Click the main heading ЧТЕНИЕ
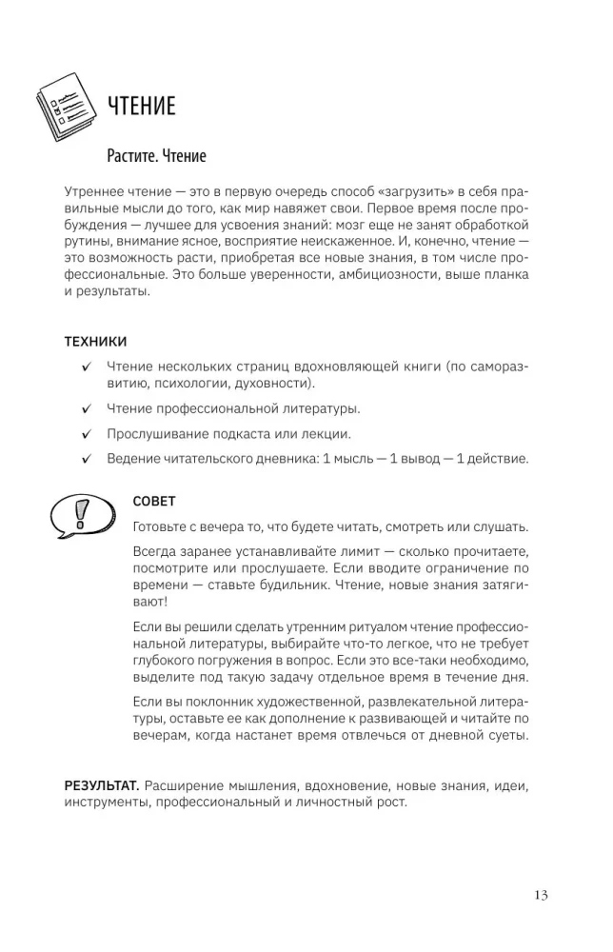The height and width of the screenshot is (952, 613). pos(142,106)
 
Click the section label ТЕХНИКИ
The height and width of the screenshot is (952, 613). pos(95,341)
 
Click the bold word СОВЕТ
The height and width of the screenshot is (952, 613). pos(155,501)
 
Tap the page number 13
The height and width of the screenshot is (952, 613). pos(541,894)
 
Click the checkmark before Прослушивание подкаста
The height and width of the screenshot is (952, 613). pos(87,434)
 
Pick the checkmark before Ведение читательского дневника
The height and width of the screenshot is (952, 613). pos(87,459)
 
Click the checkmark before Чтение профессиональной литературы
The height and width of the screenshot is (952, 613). pos(87,409)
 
